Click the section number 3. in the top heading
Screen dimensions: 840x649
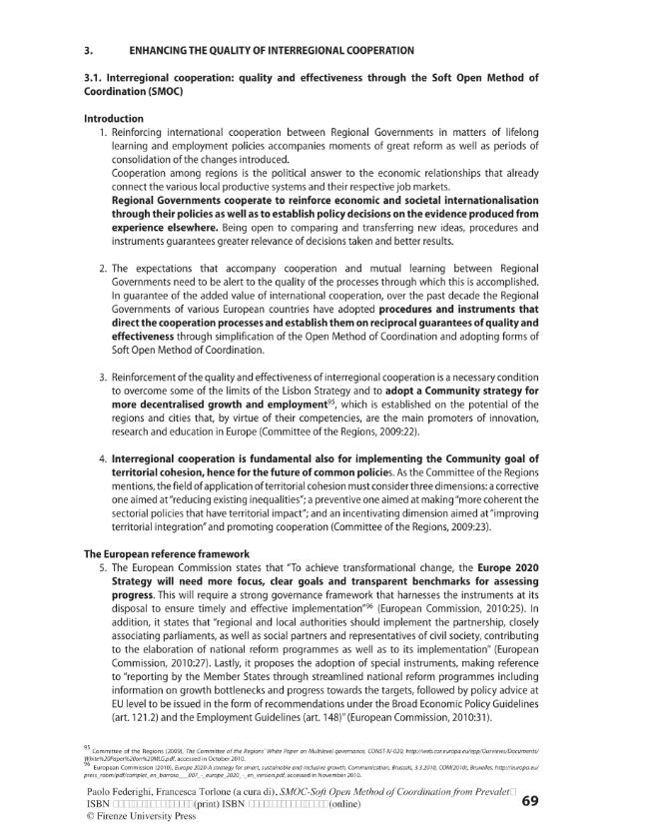(x=88, y=50)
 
